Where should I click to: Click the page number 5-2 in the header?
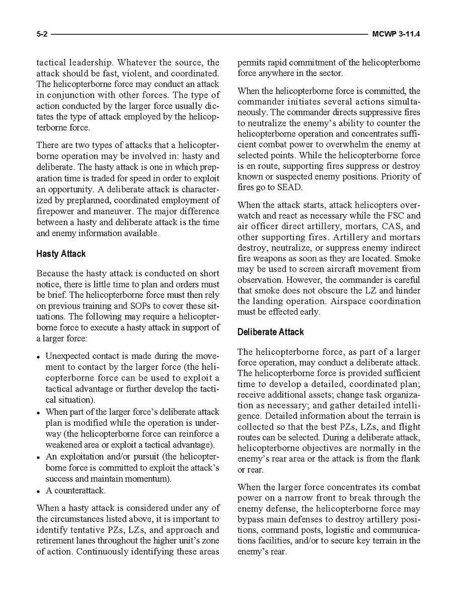[x=42, y=35]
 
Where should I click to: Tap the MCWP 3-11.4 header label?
[x=396, y=35]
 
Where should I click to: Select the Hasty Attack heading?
[x=61, y=254]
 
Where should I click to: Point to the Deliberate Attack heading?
[x=270, y=332]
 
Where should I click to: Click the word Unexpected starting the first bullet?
[x=67, y=356]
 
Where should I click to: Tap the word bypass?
[x=251, y=519]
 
